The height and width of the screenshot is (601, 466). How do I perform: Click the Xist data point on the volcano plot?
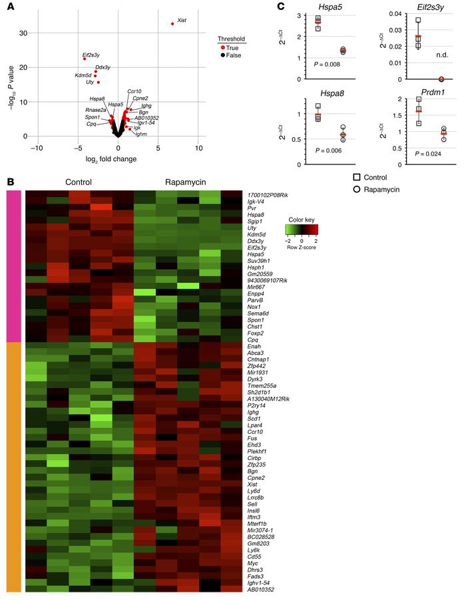(x=172, y=24)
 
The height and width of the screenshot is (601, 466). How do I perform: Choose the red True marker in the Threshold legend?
(x=222, y=48)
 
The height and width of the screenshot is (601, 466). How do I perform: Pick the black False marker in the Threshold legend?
(x=222, y=57)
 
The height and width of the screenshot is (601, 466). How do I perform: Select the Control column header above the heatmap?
(x=78, y=181)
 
